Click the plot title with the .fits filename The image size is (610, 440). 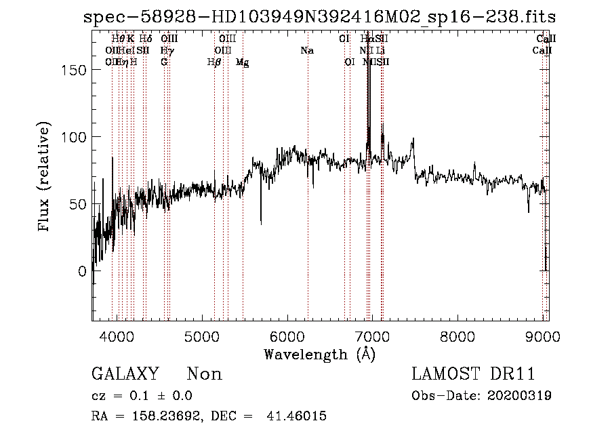[319, 17]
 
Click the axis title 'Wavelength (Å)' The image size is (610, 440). [319, 353]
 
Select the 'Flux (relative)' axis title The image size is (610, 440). [45, 178]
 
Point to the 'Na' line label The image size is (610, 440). [307, 50]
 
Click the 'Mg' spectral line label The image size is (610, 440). [242, 62]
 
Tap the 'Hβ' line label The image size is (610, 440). [214, 62]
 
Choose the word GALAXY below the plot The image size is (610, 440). [125, 374]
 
